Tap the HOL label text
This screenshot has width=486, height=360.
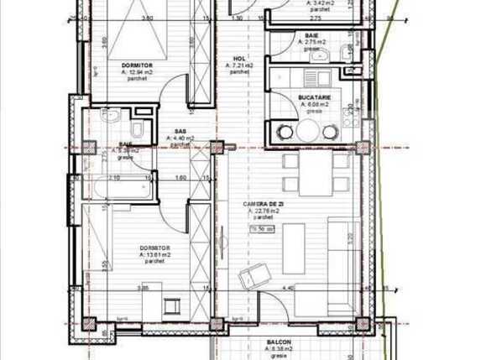point(239,60)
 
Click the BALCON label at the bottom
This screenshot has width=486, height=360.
point(280,343)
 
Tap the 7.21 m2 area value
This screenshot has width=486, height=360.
point(240,66)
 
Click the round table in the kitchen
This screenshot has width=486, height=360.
point(307,130)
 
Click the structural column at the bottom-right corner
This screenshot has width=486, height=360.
point(363,323)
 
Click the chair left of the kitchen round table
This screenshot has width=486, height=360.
point(283,132)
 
